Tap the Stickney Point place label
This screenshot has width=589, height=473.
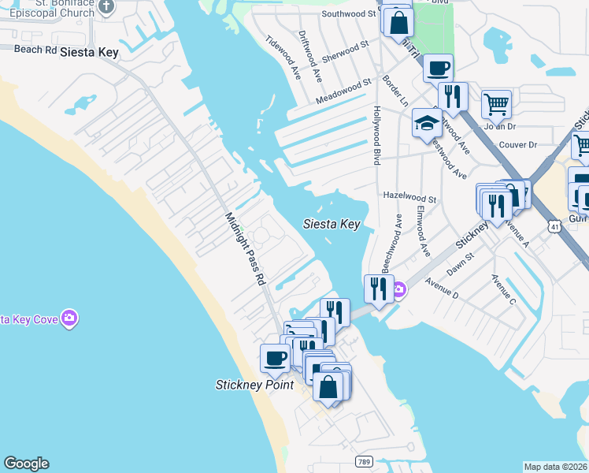(x=254, y=385)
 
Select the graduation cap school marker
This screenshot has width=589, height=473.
(x=426, y=123)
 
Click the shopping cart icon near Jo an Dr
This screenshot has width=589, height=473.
(x=495, y=102)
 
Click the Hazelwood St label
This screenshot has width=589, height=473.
(x=409, y=199)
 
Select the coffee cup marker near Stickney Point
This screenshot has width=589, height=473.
(x=275, y=358)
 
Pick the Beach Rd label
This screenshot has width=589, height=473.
(x=35, y=49)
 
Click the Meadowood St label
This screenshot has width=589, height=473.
(x=343, y=91)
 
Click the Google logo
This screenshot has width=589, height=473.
(x=26, y=464)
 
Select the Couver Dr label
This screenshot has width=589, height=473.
(x=517, y=145)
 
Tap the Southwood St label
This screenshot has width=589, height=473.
(x=349, y=13)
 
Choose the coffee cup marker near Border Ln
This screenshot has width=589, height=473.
(x=438, y=67)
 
